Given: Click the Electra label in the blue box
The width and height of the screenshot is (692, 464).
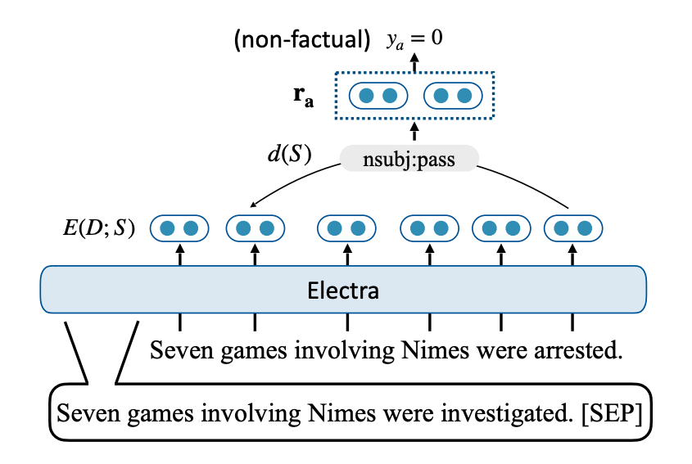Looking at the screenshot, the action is pyautogui.click(x=343, y=291).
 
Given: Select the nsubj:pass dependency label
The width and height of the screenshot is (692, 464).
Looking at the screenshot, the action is pyautogui.click(x=409, y=159).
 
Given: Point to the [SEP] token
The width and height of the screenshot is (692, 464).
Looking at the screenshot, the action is pyautogui.click(x=612, y=414).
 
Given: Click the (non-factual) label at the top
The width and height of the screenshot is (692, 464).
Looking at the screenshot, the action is pyautogui.click(x=302, y=40).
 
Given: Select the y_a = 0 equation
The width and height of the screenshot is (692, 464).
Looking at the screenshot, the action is pyautogui.click(x=414, y=38).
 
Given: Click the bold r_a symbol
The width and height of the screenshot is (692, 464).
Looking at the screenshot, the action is pyautogui.click(x=304, y=97).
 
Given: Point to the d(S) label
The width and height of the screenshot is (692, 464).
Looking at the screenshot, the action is pyautogui.click(x=290, y=154).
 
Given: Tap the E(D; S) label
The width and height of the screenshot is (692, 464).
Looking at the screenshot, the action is pyautogui.click(x=99, y=228).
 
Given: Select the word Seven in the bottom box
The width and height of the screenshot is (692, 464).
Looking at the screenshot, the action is pyautogui.click(x=88, y=414).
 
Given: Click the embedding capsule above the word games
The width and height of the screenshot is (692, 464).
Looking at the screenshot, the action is pyautogui.click(x=255, y=228).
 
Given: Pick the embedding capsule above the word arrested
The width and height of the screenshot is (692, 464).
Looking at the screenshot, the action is pyautogui.click(x=572, y=228).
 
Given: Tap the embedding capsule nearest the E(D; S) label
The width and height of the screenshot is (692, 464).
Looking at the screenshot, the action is pyautogui.click(x=179, y=228).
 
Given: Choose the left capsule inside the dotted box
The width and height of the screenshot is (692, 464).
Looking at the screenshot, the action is pyautogui.click(x=378, y=96).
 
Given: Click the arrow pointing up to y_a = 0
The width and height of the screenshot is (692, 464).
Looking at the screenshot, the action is pyautogui.click(x=414, y=63).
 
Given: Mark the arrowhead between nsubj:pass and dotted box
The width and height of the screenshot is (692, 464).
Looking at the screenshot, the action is pyautogui.click(x=414, y=126).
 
